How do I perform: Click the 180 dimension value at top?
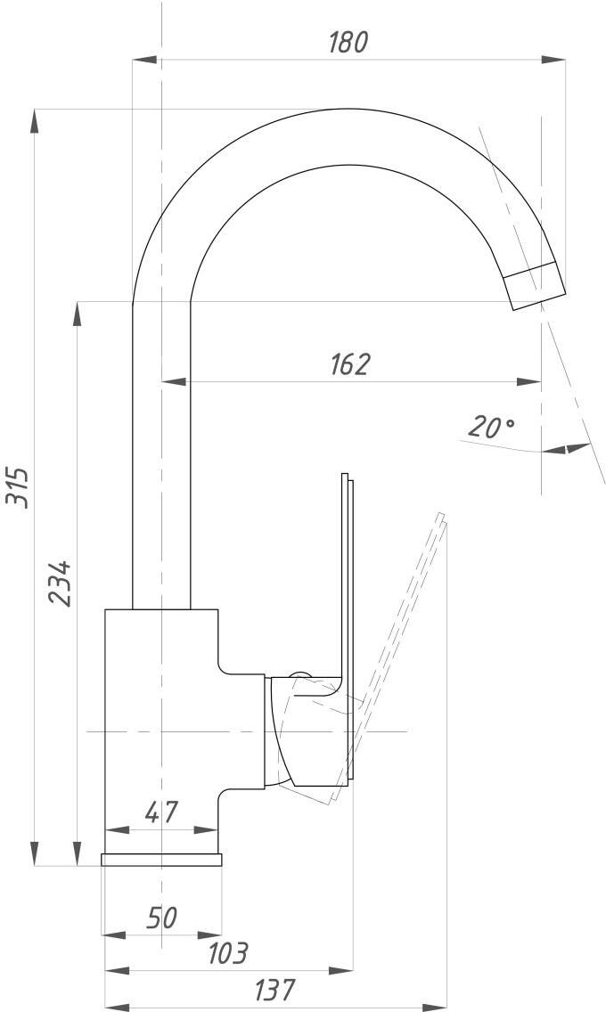pyautogui.click(x=348, y=43)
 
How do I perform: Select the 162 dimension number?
pyautogui.click(x=350, y=364)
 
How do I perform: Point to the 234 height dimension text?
pyautogui.click(x=60, y=584)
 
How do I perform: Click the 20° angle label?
pyautogui.click(x=491, y=427)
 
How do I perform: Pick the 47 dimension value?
pyautogui.click(x=160, y=812)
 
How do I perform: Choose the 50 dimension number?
pyautogui.click(x=161, y=918)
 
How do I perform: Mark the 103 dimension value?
pyautogui.click(x=228, y=953)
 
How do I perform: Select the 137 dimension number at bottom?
pyautogui.click(x=274, y=990)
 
